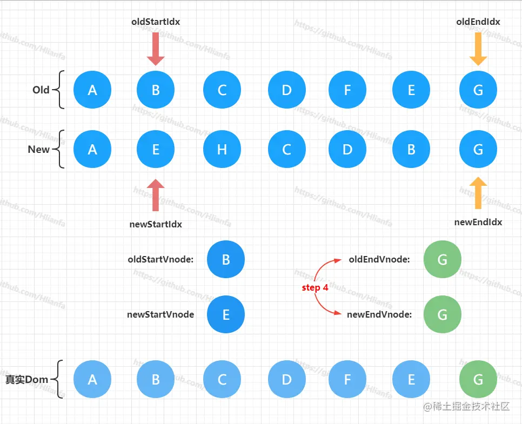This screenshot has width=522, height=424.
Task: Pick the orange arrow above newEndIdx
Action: click(478, 193)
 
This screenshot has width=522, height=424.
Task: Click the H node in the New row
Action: click(222, 149)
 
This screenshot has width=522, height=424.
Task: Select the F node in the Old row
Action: click(347, 90)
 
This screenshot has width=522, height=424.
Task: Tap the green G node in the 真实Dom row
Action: click(478, 379)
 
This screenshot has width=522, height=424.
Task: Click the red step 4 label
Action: click(315, 288)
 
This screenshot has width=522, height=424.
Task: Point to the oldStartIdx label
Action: click(156, 22)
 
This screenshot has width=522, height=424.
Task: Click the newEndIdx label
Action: click(478, 222)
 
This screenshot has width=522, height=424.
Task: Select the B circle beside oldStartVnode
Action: click(226, 259)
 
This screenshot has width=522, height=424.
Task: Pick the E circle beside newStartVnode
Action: click(226, 315)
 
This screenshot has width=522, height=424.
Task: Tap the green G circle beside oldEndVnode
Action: click(443, 259)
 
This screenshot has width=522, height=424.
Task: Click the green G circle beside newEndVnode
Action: click(443, 315)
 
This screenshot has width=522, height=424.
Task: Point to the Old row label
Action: click(41, 90)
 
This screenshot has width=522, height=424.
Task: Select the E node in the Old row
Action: click(411, 90)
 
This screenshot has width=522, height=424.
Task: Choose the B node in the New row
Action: click(411, 149)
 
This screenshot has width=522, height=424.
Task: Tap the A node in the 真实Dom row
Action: click(92, 379)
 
